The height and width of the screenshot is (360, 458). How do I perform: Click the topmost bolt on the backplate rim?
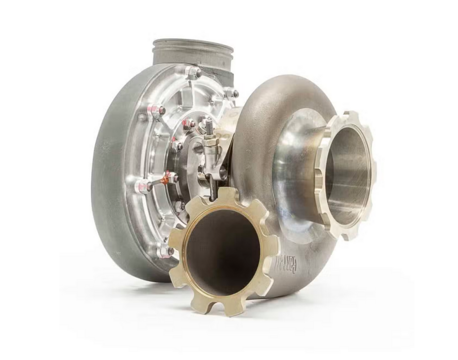[193, 72]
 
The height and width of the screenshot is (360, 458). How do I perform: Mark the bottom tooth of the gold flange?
[231, 307]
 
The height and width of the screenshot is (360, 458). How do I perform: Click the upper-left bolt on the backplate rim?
[157, 110]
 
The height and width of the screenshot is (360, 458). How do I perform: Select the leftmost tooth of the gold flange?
[176, 241]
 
